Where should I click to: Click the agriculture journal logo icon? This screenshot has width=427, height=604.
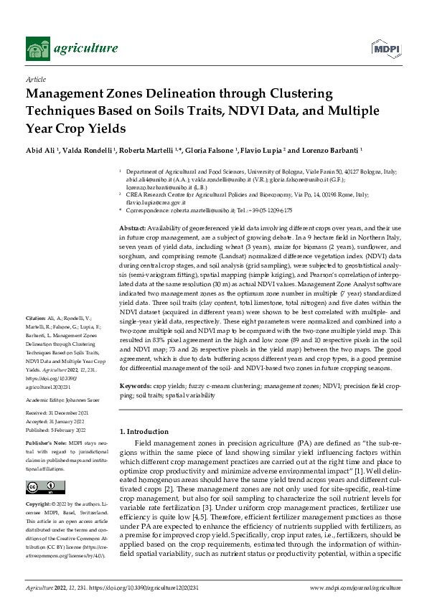coord(39,48)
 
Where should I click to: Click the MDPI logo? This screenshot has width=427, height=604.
coord(385,48)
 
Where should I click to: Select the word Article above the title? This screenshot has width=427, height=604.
coord(36,80)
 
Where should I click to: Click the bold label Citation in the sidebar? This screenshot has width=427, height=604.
coord(35,337)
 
